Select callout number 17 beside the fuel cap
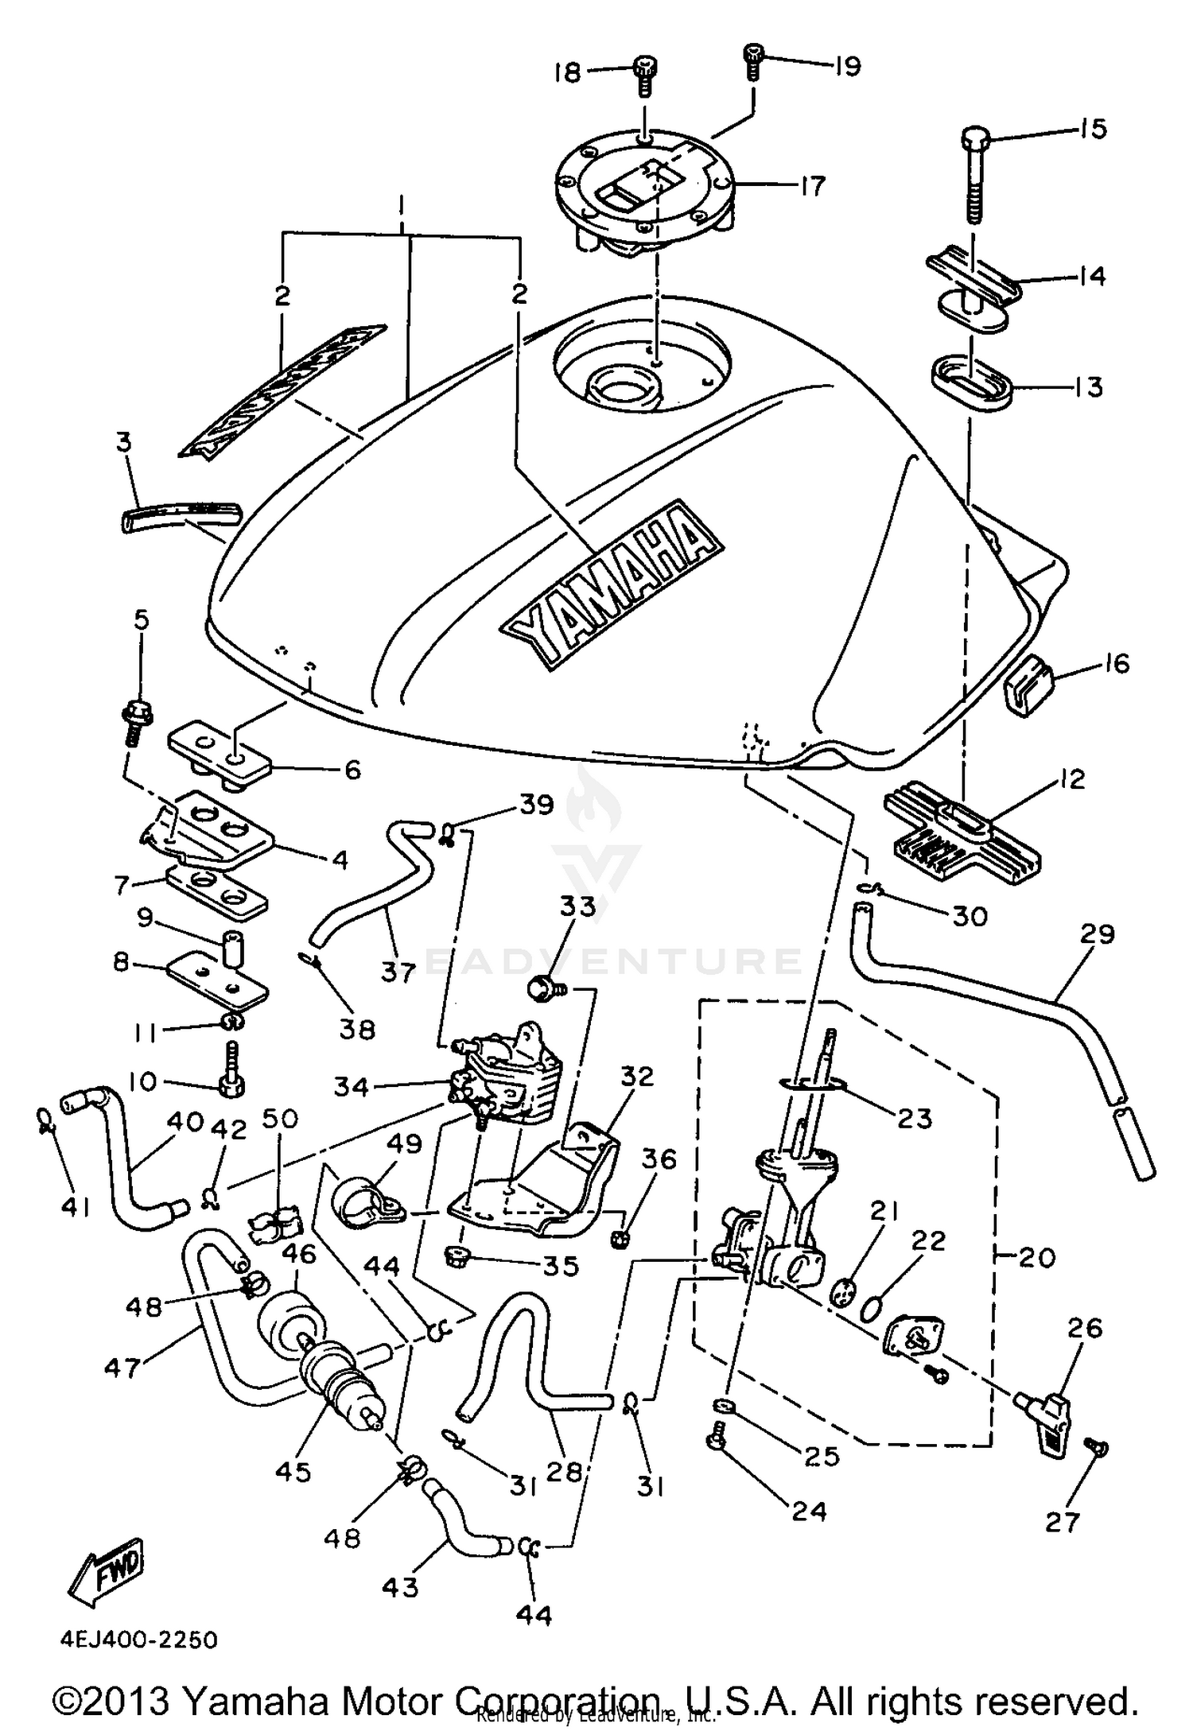(813, 186)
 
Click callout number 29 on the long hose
(1098, 933)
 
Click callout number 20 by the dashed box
(1036, 1257)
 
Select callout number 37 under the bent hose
(398, 971)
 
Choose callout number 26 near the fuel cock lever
(1086, 1328)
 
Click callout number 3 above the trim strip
(123, 442)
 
